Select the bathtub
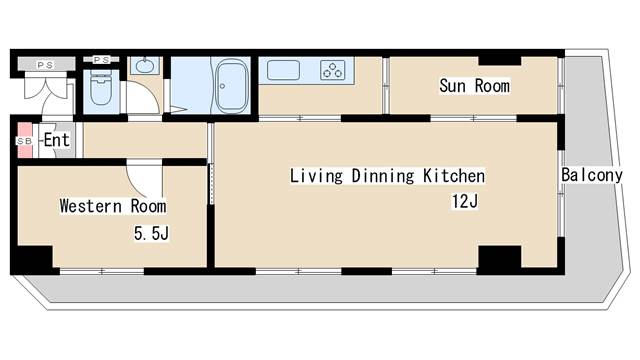pyautogui.click(x=232, y=86)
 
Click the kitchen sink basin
pyautogui.click(x=283, y=70)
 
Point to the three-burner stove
pyautogui.click(x=332, y=70)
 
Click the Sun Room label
pyautogui.click(x=474, y=86)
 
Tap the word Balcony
pyautogui.click(x=592, y=175)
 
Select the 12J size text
pyautogui.click(x=464, y=201)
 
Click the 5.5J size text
pyautogui.click(x=151, y=234)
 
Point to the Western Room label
pyautogui.click(x=113, y=206)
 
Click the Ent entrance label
pyautogui.click(x=57, y=140)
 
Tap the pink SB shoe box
pyautogui.click(x=25, y=140)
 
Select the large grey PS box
pyautogui.click(x=46, y=64)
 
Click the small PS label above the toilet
pyautogui.click(x=101, y=60)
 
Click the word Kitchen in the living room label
pyautogui.click(x=454, y=176)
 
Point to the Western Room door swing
pyautogui.click(x=144, y=179)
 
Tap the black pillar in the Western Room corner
pyautogui.click(x=34, y=258)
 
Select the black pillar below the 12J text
pyautogui.click(x=500, y=258)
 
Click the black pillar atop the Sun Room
pyautogui.click(x=500, y=60)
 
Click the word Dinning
pyautogui.click(x=383, y=176)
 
